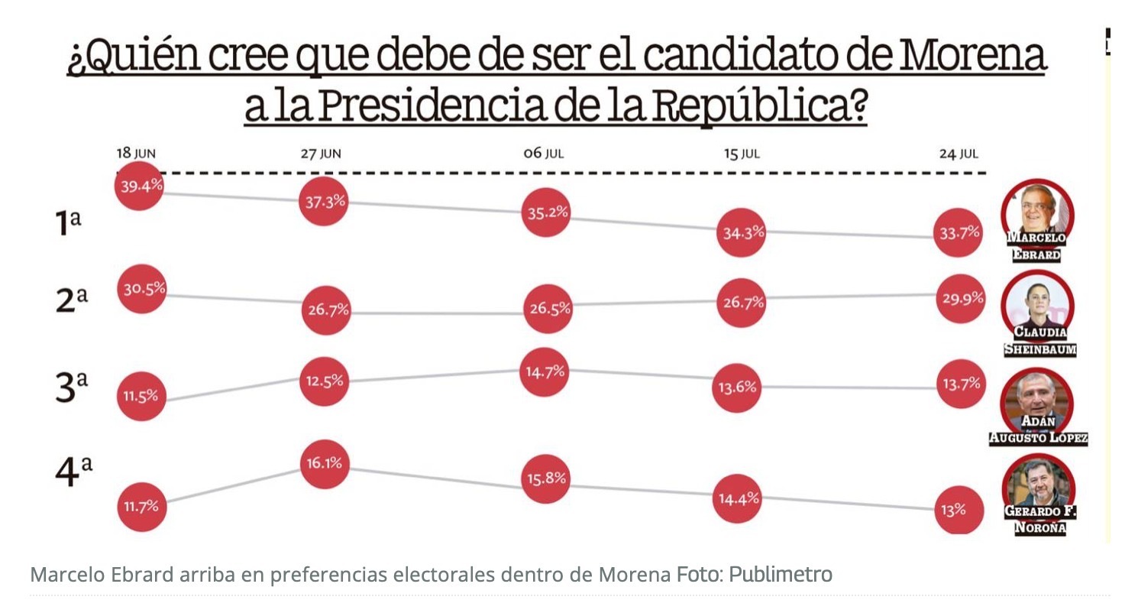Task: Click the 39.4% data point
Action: tap(139, 186)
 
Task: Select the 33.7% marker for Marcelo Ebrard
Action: tap(959, 233)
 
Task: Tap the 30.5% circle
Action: tap(141, 289)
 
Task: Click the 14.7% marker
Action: tap(545, 372)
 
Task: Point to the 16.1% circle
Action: tap(325, 463)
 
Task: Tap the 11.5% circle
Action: tap(141, 396)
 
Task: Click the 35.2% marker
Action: tap(545, 212)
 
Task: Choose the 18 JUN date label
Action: tap(136, 154)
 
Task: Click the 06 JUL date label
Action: tap(543, 154)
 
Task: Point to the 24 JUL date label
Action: tap(959, 154)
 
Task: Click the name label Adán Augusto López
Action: tap(1038, 430)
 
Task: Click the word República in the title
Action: tap(749, 107)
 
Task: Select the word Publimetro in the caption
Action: tap(780, 574)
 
